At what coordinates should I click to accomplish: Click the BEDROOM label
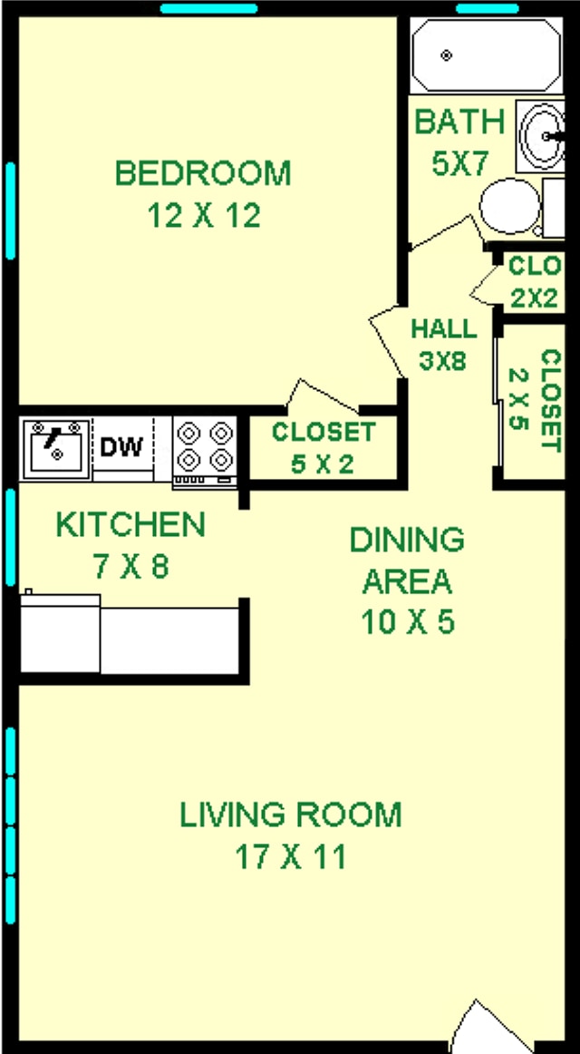pyautogui.click(x=203, y=172)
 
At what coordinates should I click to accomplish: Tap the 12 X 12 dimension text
pyautogui.click(x=203, y=216)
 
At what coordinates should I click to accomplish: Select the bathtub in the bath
pyautogui.click(x=485, y=55)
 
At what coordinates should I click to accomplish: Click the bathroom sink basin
pyautogui.click(x=545, y=134)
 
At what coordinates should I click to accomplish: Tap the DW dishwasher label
pyautogui.click(x=121, y=447)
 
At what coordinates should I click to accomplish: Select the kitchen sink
pyautogui.click(x=56, y=448)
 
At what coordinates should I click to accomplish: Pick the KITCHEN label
pyautogui.click(x=130, y=524)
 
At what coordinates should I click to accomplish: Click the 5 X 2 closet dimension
pyautogui.click(x=323, y=464)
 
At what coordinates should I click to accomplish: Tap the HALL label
pyautogui.click(x=442, y=328)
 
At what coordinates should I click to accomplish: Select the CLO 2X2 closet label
pyautogui.click(x=533, y=282)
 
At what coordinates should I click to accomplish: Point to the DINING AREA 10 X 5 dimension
pyautogui.click(x=407, y=623)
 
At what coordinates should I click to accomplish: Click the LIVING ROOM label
pyautogui.click(x=290, y=814)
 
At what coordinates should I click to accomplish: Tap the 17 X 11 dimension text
pyautogui.click(x=290, y=856)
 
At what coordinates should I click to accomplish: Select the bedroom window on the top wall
pyautogui.click(x=208, y=9)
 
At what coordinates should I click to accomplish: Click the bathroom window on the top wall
pyautogui.click(x=487, y=9)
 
